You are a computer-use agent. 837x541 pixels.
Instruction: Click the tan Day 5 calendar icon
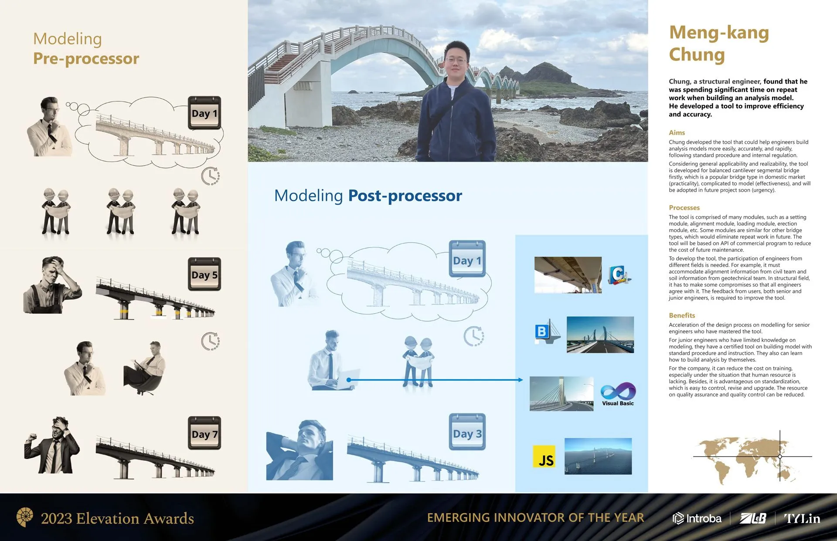tap(204, 274)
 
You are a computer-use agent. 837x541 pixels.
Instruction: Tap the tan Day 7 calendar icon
tap(204, 433)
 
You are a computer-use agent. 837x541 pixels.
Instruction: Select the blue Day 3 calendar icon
tap(467, 432)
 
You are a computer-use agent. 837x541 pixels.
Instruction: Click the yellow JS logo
tap(544, 456)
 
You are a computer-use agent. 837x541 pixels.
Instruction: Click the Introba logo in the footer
tap(697, 518)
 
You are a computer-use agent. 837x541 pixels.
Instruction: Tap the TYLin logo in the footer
tap(802, 518)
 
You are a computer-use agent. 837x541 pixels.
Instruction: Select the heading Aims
tap(677, 132)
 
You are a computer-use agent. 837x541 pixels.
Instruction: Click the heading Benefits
tap(682, 315)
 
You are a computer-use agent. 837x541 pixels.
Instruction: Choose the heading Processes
tap(684, 208)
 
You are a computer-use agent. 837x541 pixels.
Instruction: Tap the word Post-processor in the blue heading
tap(405, 196)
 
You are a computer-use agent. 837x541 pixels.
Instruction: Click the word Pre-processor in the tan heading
tap(86, 59)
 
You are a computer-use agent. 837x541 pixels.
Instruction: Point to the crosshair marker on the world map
tap(780, 456)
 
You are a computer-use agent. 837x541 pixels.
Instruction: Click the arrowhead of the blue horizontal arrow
tap(521, 380)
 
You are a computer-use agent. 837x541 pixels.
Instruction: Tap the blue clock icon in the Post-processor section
tap(474, 336)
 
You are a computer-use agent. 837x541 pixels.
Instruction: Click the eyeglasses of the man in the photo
tap(456, 60)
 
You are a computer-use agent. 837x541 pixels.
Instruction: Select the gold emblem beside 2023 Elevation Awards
tap(24, 517)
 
